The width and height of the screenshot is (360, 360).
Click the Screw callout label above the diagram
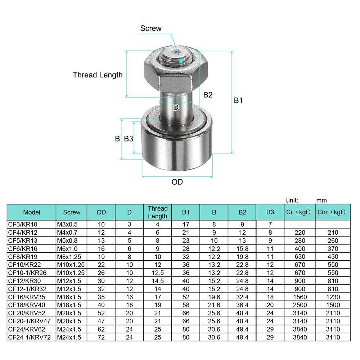[151, 28]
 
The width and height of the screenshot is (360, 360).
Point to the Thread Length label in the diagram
[98, 75]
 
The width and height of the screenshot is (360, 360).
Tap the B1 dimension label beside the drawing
[238, 100]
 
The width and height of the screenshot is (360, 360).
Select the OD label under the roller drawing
[177, 182]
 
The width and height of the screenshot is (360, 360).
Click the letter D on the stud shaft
[176, 107]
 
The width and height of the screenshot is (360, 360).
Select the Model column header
[32, 212]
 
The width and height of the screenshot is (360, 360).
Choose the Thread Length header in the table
[158, 212]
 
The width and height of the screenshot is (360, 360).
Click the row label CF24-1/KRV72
[29, 337]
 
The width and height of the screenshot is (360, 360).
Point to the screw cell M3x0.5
[67, 225]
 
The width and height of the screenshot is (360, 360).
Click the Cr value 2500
[300, 305]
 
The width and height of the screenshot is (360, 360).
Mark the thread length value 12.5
[157, 273]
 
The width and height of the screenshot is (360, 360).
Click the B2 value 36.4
[242, 305]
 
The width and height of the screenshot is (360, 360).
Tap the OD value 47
[101, 321]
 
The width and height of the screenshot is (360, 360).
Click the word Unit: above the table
[292, 201]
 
